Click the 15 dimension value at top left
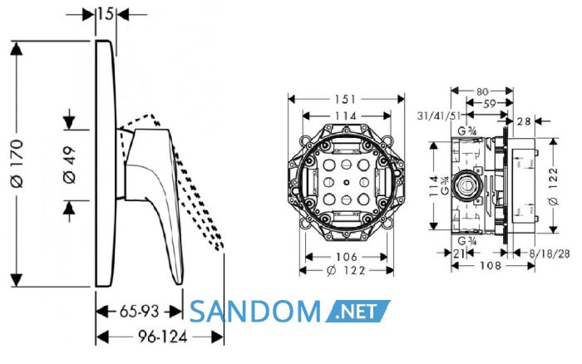tap(106, 14)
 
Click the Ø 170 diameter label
tap(17, 163)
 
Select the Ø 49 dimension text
tap(69, 165)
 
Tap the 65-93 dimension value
tap(139, 312)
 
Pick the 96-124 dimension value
tap(163, 337)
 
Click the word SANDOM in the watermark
tap(255, 312)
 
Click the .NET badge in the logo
tap(358, 312)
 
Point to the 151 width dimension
tap(346, 99)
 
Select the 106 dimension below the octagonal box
tap(346, 257)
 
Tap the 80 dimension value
tap(481, 91)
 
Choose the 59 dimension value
tap(490, 104)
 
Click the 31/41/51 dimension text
tap(439, 116)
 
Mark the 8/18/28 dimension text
tap(550, 253)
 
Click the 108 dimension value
tap(491, 266)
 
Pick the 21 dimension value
tap(459, 253)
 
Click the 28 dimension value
tap(524, 121)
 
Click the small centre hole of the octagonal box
tap(346, 182)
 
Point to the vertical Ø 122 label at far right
tap(553, 186)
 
